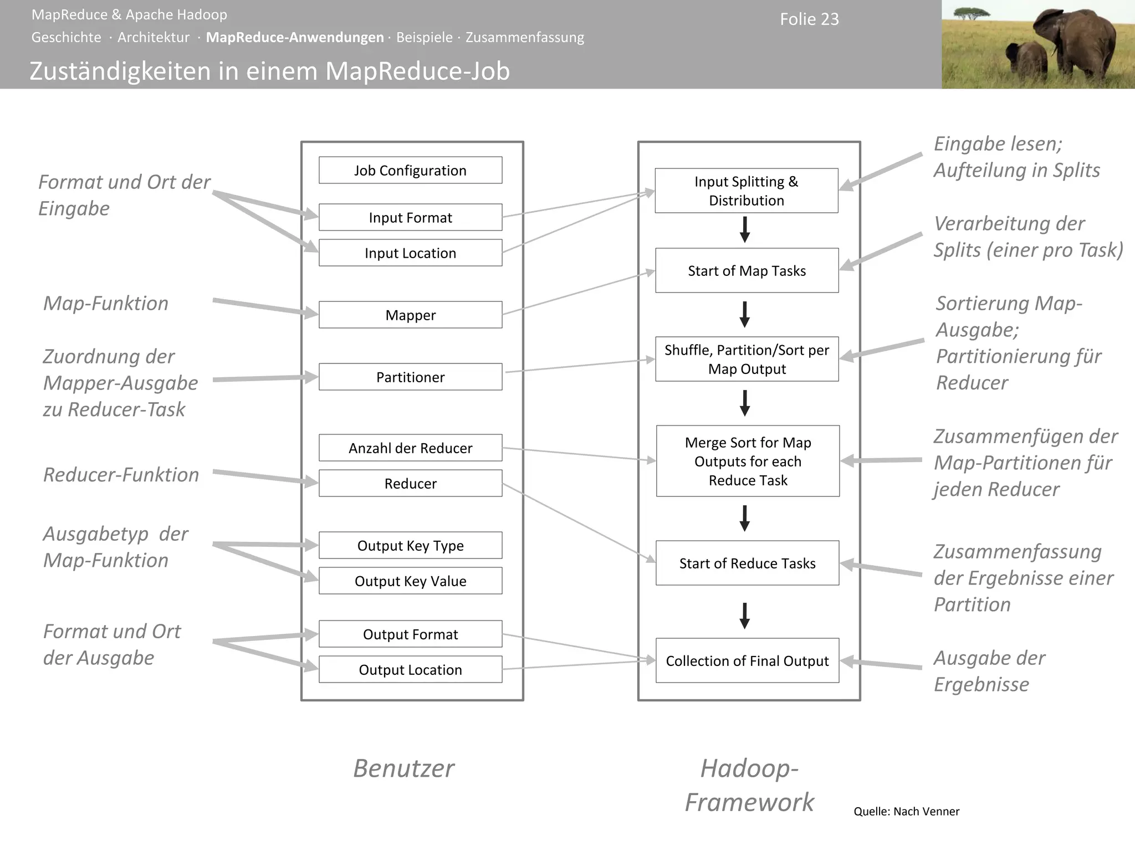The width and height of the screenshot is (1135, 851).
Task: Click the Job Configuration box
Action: [410, 170]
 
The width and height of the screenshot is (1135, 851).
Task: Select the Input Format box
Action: [410, 217]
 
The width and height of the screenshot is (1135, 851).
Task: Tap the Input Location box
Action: [410, 253]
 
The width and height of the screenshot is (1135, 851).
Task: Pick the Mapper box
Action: [410, 315]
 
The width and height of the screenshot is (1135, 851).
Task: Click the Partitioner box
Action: [410, 377]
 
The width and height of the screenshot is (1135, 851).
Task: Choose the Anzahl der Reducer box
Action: [410, 448]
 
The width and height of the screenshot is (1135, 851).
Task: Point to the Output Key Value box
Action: [410, 581]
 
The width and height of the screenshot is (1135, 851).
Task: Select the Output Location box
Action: [410, 669]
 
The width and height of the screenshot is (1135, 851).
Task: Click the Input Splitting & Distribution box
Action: [746, 191]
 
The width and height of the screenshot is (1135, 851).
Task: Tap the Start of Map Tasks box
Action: [747, 270]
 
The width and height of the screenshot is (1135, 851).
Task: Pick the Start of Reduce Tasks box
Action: [747, 563]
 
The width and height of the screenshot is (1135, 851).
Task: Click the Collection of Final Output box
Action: [747, 660]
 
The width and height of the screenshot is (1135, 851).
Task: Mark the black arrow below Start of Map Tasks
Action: [745, 314]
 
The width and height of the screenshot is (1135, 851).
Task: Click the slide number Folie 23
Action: [809, 19]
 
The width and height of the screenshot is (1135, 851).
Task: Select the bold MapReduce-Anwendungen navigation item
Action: [295, 37]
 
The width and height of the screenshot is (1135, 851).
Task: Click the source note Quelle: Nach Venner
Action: [906, 811]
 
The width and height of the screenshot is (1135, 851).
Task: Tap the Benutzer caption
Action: [403, 768]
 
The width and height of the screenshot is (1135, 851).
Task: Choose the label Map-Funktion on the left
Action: [106, 303]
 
